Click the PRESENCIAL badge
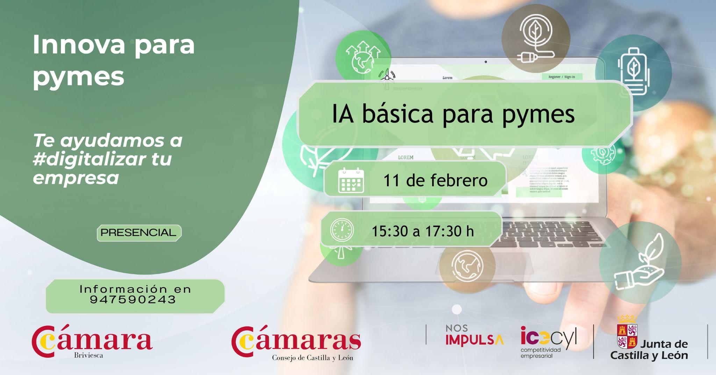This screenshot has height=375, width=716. (139, 233)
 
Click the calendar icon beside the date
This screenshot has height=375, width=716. (351, 180)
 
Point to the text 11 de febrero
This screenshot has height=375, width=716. (435, 181)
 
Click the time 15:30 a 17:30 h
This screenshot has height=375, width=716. (423, 231)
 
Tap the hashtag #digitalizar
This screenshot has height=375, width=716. (89, 159)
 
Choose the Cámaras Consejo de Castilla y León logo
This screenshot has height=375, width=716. (296, 343)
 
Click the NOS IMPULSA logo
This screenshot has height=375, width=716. (474, 335)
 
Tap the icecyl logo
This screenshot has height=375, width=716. (548, 342)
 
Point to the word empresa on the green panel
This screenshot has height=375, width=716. (76, 178)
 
